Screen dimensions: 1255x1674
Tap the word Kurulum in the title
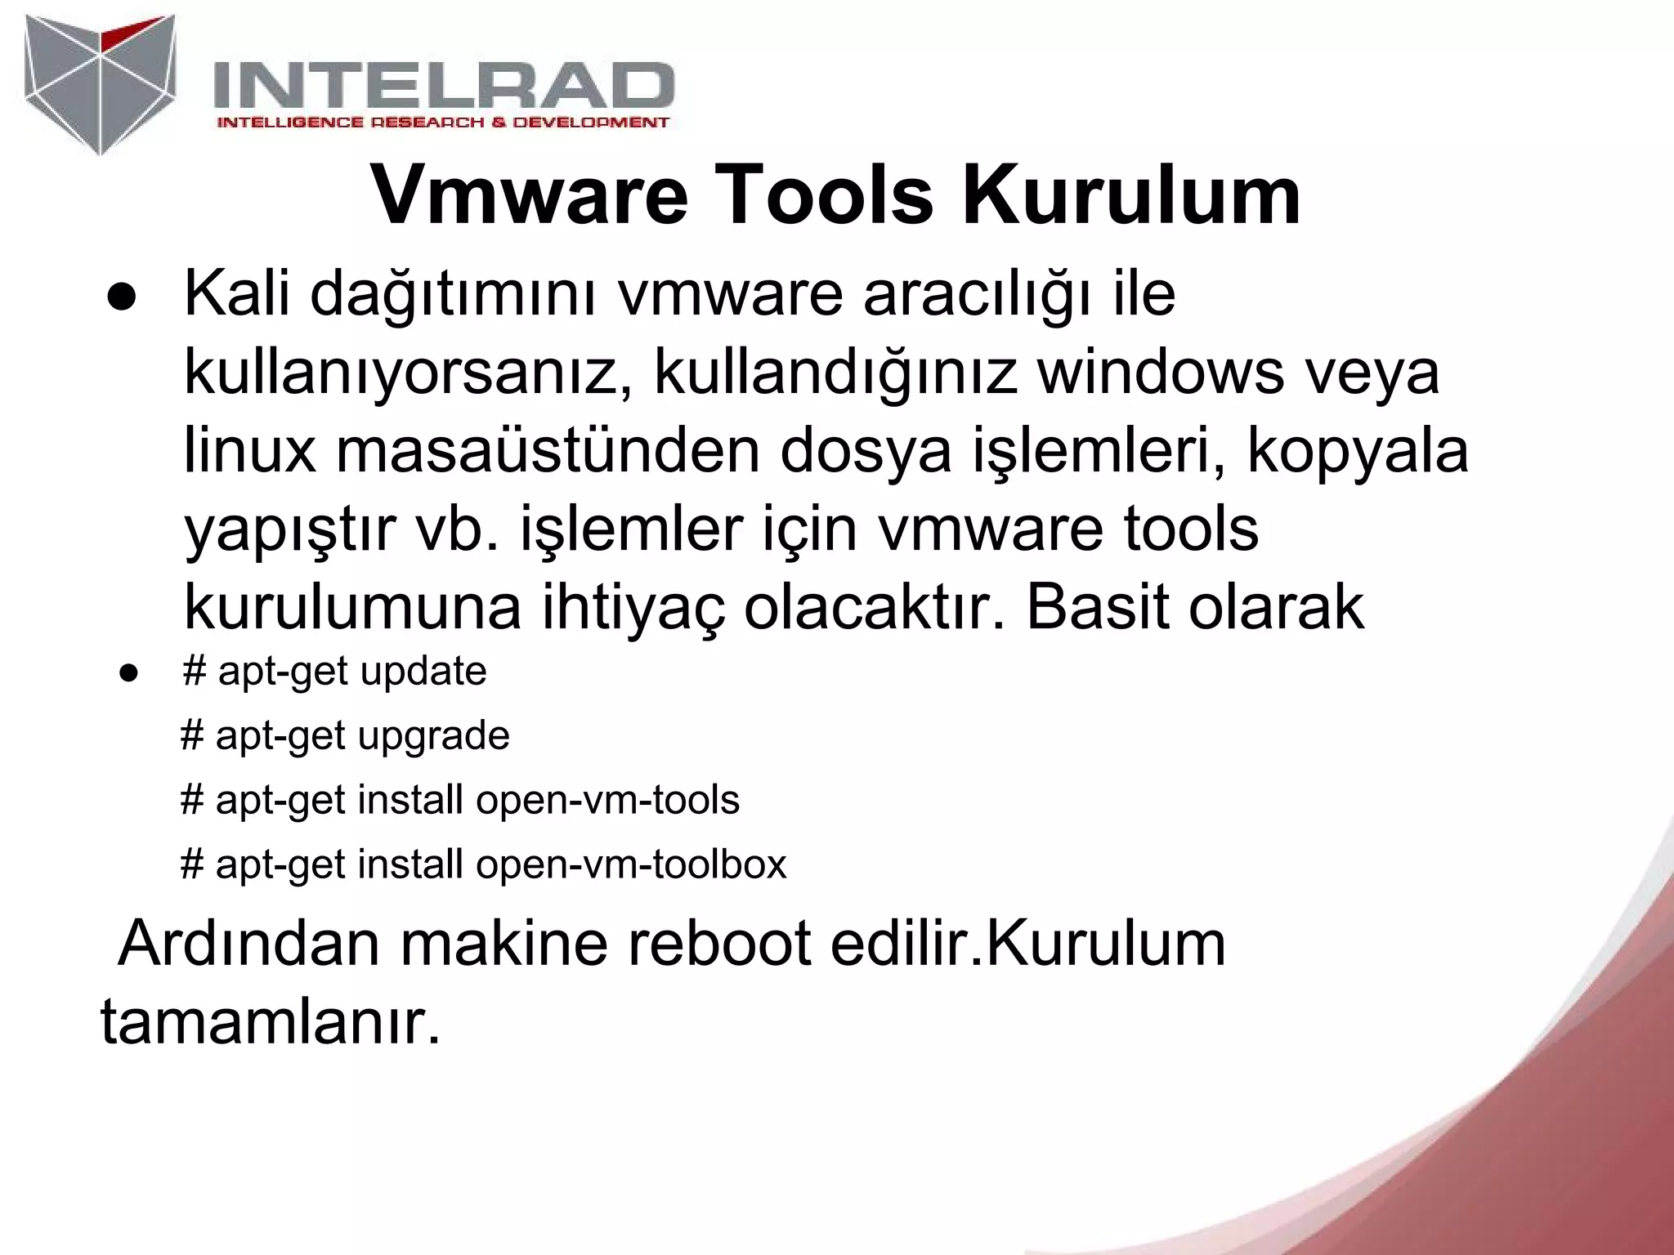(1131, 197)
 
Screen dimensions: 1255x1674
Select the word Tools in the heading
(825, 197)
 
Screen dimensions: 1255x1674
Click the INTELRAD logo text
(443, 88)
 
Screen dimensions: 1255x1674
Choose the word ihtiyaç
(633, 609)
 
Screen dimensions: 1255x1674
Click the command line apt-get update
(335, 672)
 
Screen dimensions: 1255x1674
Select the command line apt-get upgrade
(345, 736)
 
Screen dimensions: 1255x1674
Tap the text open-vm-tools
(607, 800)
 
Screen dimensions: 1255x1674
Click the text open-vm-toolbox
(631, 864)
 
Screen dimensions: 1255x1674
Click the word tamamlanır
(271, 1022)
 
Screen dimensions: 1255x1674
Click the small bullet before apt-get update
(127, 674)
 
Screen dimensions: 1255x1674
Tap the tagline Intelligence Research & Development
(442, 123)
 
